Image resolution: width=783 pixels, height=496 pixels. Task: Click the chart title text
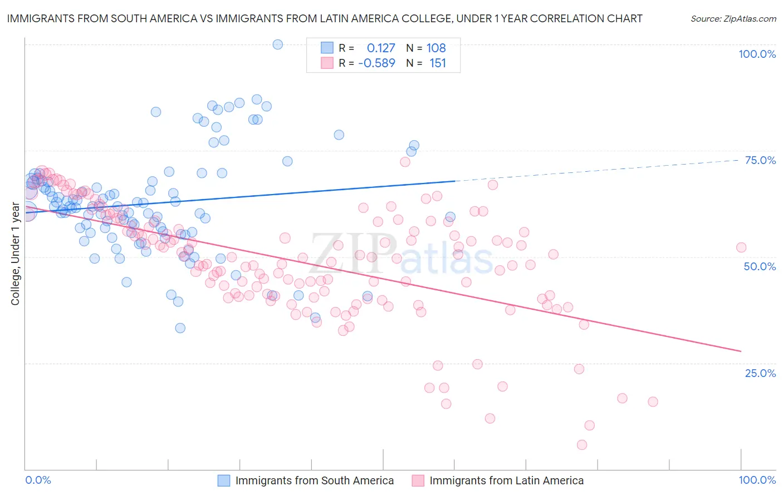pyautogui.click(x=324, y=19)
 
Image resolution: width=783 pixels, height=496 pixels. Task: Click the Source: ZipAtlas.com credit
pyautogui.click(x=733, y=19)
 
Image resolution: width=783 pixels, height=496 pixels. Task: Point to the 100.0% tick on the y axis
pyautogui.click(x=757, y=54)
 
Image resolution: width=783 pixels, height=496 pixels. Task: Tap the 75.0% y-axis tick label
pyautogui.click(x=760, y=160)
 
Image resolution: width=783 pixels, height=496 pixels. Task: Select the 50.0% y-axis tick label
pyautogui.click(x=760, y=266)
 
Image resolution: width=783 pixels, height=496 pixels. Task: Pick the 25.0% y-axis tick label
pyautogui.click(x=760, y=373)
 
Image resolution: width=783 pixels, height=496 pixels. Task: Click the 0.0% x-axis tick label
pyautogui.click(x=38, y=480)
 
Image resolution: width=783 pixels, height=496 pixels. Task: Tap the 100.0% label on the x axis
pyautogui.click(x=757, y=480)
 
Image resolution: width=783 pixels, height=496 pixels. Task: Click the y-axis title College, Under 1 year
pyautogui.click(x=16, y=254)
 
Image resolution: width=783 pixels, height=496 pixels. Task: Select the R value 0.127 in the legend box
pyautogui.click(x=381, y=48)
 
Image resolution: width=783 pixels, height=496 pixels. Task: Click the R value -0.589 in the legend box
pyautogui.click(x=376, y=63)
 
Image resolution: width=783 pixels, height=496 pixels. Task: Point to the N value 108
pyautogui.click(x=436, y=48)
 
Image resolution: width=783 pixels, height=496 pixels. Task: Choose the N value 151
pyautogui.click(x=438, y=63)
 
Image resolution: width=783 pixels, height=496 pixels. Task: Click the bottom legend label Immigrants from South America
pyautogui.click(x=314, y=481)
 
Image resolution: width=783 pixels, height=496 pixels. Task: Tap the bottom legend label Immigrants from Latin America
pyautogui.click(x=506, y=481)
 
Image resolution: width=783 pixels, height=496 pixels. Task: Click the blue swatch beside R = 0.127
pyautogui.click(x=327, y=48)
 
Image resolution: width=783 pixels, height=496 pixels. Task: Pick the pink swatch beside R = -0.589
pyautogui.click(x=327, y=63)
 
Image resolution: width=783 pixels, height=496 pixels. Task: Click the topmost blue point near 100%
pyautogui.click(x=278, y=44)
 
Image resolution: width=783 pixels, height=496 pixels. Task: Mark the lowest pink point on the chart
pyautogui.click(x=582, y=445)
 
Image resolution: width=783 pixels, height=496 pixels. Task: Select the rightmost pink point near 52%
pyautogui.click(x=741, y=247)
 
